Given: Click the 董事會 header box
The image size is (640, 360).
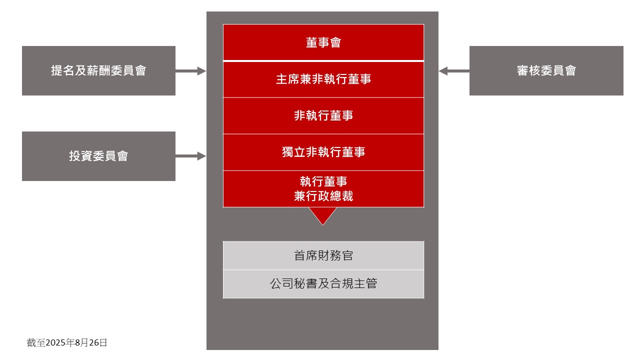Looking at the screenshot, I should pyautogui.click(x=323, y=42).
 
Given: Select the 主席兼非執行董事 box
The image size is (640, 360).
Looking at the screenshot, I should pyautogui.click(x=323, y=79).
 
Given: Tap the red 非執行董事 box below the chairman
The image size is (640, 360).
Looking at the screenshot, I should pyautogui.click(x=323, y=115).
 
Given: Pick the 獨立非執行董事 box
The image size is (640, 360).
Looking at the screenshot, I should pyautogui.click(x=323, y=152).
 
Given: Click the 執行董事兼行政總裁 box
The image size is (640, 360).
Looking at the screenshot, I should pyautogui.click(x=323, y=188).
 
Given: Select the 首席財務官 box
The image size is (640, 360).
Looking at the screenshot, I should pyautogui.click(x=323, y=255).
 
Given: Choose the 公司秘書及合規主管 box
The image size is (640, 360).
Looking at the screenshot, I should pyautogui.click(x=323, y=284).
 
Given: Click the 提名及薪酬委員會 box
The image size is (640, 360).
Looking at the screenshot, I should pyautogui.click(x=98, y=70).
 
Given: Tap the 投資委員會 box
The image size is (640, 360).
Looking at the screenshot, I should pyautogui.click(x=98, y=156).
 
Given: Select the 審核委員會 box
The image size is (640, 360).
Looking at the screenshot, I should pyautogui.click(x=546, y=70).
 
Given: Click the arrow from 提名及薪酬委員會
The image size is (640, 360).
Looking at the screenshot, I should pyautogui.click(x=190, y=71).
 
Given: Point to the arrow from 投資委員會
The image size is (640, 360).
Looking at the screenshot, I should pyautogui.click(x=190, y=156).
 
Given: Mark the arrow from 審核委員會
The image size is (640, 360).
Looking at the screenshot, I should pyautogui.click(x=454, y=71).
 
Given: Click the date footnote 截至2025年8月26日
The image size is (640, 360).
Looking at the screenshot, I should pyautogui.click(x=67, y=342).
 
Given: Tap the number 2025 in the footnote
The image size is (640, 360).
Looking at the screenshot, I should pyautogui.click(x=55, y=342).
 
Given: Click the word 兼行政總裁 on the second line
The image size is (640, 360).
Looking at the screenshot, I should pyautogui.click(x=323, y=196).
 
